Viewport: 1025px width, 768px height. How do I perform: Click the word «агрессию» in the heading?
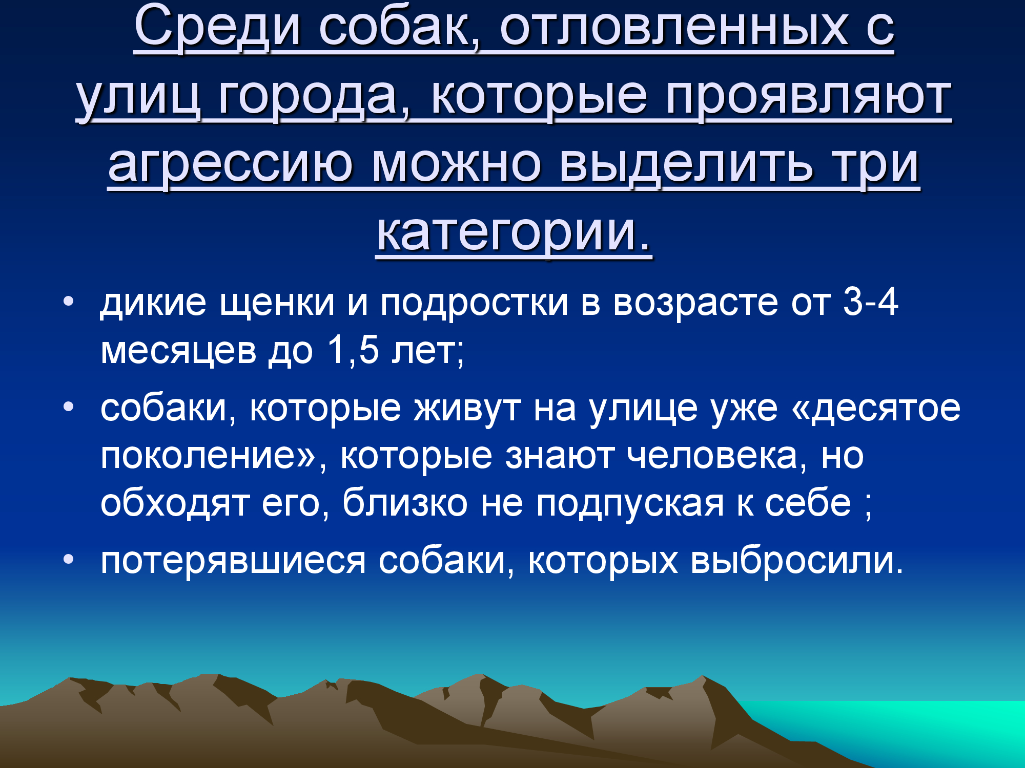click(x=230, y=165)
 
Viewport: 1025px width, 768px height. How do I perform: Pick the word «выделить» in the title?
click(x=686, y=165)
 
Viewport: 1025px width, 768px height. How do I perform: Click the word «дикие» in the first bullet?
click(x=153, y=303)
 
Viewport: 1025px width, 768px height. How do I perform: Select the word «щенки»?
click(x=277, y=303)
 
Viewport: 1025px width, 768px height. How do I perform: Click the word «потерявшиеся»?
click(x=233, y=561)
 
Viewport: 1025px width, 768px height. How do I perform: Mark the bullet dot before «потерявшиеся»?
click(x=69, y=559)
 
